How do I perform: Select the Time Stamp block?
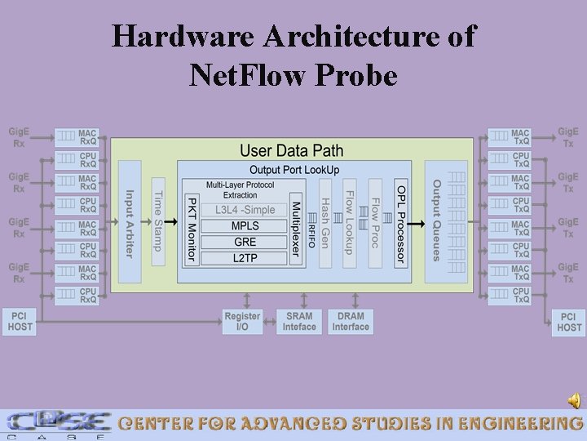coord(158,221)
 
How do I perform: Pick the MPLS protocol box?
coord(245,225)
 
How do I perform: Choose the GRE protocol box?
coord(245,242)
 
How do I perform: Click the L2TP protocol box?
coord(245,258)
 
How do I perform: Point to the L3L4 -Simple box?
coord(245,210)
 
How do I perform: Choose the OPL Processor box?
coord(400,222)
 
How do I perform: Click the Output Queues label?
coord(437,220)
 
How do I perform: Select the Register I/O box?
coord(242,321)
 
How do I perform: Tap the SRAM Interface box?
coord(299,321)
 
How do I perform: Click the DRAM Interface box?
coord(351,321)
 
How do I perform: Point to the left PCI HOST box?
coord(20,321)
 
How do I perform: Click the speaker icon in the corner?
coord(575,400)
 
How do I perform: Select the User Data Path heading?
coord(291,150)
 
